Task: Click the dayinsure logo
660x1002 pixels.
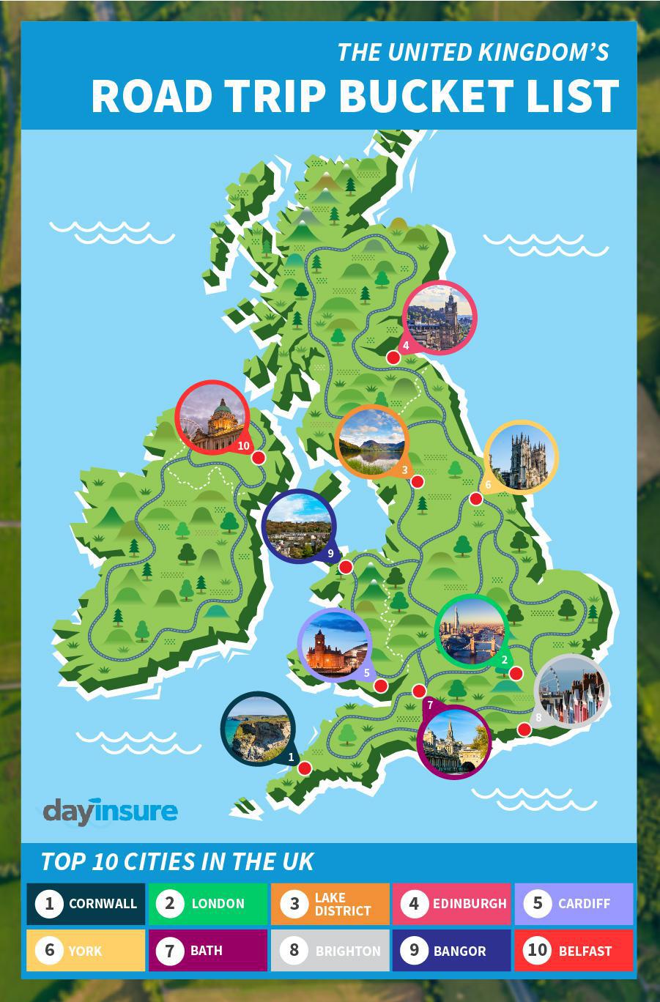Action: [x=110, y=812]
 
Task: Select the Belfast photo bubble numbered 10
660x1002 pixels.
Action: [x=213, y=417]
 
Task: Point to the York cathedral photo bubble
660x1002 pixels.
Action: [x=521, y=456]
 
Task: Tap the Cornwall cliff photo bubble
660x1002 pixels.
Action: [x=257, y=729]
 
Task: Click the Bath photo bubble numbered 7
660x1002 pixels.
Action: [x=453, y=741]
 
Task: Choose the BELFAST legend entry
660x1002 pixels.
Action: [x=573, y=951]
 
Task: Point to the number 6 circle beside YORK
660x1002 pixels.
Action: [x=50, y=951]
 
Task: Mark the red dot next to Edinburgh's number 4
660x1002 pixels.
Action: [x=393, y=357]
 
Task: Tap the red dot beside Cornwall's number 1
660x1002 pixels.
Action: [x=305, y=768]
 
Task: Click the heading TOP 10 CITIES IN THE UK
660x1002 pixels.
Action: [x=177, y=861]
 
